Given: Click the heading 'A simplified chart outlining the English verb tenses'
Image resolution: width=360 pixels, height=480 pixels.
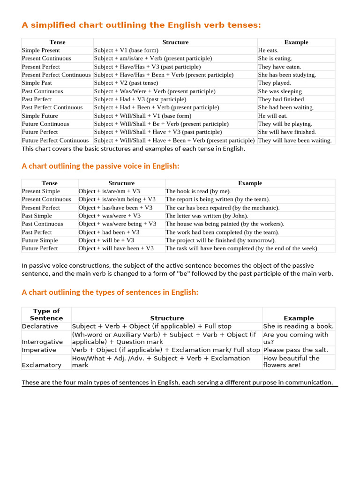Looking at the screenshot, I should click(141, 25).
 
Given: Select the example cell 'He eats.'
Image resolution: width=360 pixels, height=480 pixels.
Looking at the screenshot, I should click(268, 50).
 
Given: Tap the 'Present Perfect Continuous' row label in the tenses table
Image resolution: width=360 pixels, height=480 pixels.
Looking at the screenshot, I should click(56, 75).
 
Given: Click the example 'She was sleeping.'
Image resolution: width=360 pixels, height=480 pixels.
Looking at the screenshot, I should click(280, 91).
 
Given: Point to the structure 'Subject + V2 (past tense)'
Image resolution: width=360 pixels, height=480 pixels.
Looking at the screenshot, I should click(126, 83).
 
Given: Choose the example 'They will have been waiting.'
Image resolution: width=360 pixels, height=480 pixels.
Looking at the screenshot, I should click(295, 140).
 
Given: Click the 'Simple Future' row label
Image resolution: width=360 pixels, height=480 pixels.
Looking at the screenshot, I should click(40, 116).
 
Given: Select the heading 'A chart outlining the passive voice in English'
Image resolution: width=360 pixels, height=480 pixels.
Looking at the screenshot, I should click(101, 166).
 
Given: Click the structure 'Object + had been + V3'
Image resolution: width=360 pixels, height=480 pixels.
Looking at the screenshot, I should click(109, 232).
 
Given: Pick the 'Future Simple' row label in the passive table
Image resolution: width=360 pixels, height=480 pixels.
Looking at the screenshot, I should click(40, 240).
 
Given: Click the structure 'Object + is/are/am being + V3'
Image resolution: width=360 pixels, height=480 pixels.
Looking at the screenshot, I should click(117, 199).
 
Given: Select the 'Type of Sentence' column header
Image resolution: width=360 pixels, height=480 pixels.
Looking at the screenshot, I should click(46, 315).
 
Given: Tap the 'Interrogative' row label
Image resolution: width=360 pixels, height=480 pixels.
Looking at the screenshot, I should click(42, 342).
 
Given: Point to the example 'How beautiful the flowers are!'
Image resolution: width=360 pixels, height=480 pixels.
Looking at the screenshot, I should click(292, 361).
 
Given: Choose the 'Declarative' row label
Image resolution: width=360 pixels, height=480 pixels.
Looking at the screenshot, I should click(40, 326).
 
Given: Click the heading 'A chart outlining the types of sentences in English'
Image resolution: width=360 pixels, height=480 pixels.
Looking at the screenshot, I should click(110, 292).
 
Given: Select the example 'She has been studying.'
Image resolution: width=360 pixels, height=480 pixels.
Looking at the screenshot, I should click(287, 75).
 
